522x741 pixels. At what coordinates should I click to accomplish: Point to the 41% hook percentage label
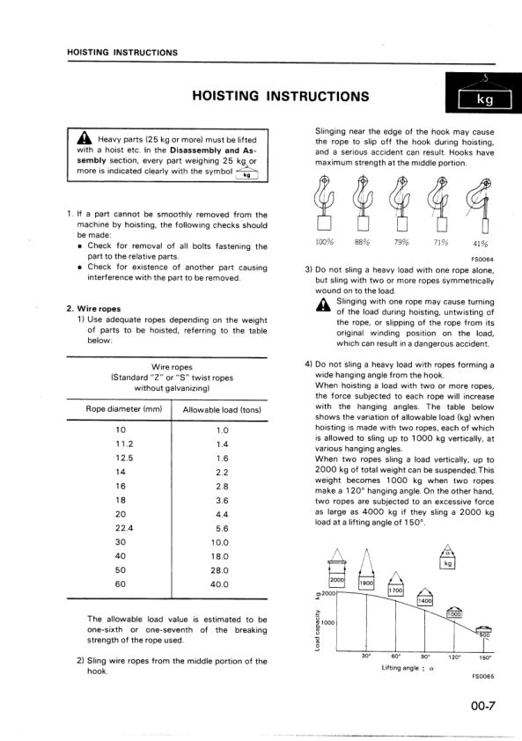tap(482, 244)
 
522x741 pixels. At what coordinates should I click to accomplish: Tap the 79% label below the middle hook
tap(402, 243)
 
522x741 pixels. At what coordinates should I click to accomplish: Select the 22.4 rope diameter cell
tap(121, 528)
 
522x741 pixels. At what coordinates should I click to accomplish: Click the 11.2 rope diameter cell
tap(121, 444)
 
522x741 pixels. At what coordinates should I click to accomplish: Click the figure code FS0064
tap(482, 260)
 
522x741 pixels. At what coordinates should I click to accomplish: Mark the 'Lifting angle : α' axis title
tap(405, 668)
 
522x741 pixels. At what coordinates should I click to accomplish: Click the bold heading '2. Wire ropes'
tap(94, 308)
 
